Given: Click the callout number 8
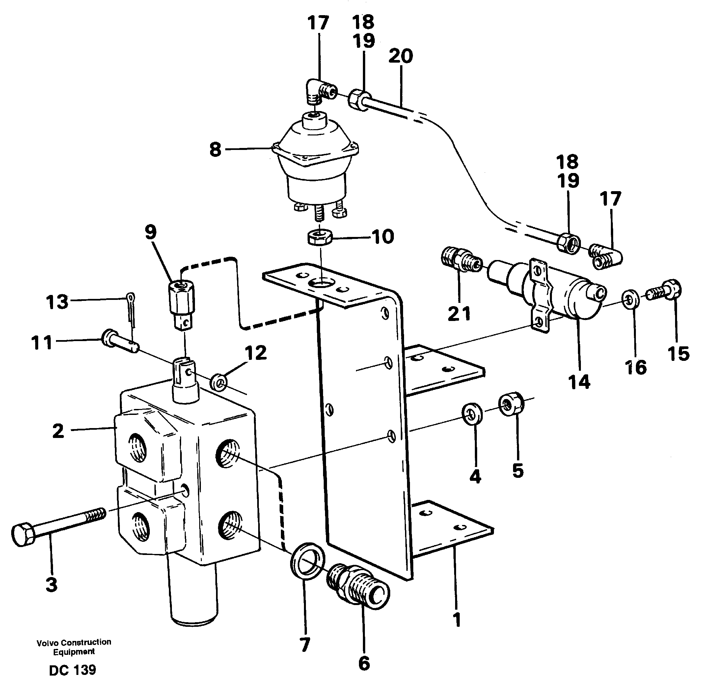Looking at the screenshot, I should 216,150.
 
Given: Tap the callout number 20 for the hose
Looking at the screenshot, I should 400,56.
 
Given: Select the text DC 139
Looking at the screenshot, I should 72,670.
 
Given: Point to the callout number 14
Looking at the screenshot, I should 579,382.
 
